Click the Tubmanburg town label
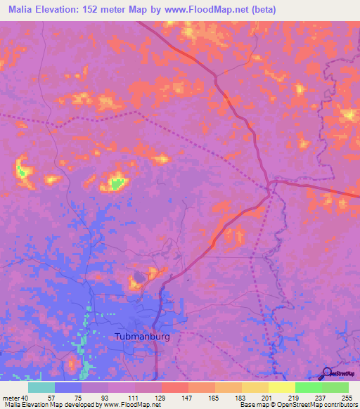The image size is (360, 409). click(x=142, y=337)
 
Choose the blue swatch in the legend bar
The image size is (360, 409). click(x=67, y=387)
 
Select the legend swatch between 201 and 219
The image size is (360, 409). click(x=281, y=387)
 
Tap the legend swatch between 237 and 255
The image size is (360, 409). click(x=335, y=387)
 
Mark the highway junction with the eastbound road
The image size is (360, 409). click(x=270, y=185)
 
